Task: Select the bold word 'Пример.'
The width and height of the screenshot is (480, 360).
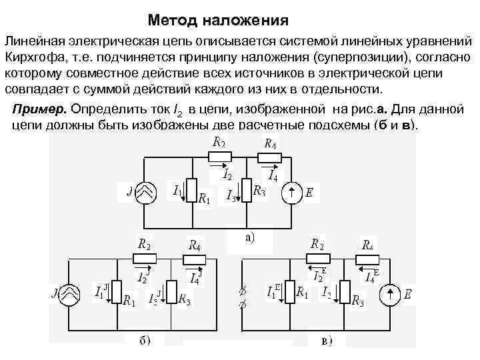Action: click(x=39, y=108)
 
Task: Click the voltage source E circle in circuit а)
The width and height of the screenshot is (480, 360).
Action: click(x=292, y=194)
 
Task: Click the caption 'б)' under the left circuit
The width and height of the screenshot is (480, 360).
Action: click(x=144, y=341)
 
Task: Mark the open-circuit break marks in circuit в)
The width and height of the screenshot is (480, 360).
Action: click(x=242, y=296)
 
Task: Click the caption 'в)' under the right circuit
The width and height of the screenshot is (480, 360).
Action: click(x=326, y=341)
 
